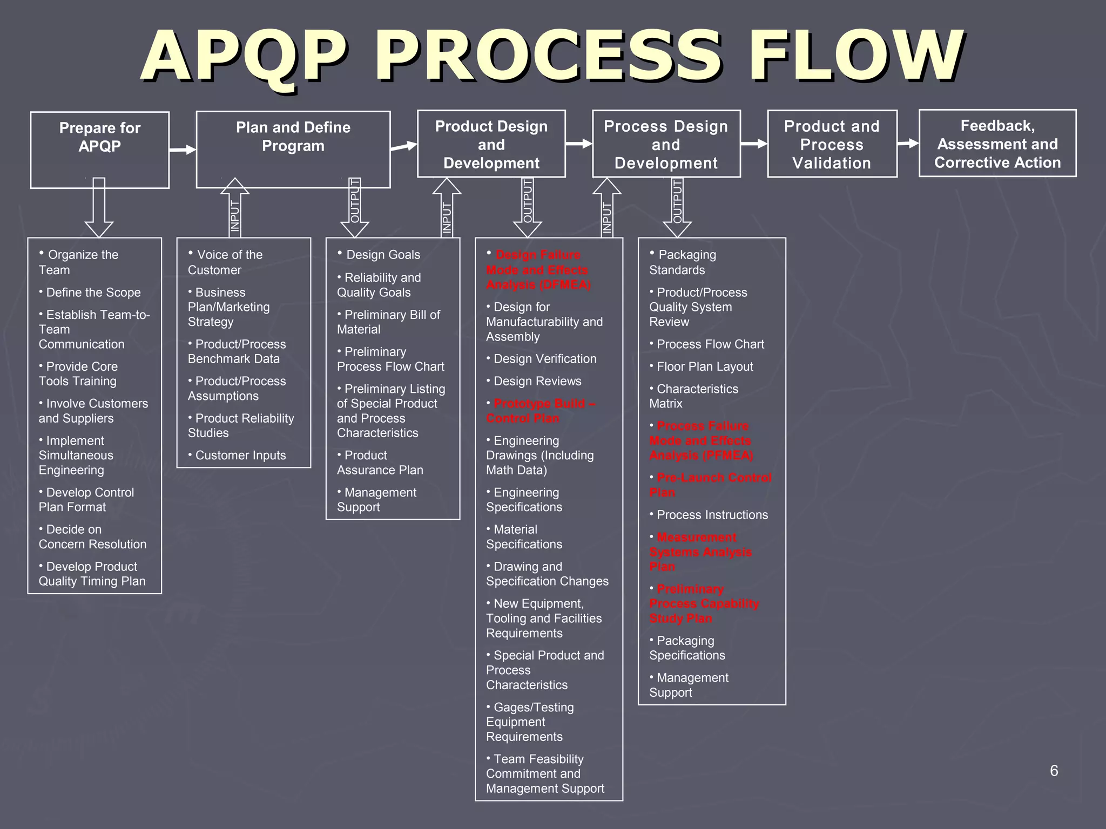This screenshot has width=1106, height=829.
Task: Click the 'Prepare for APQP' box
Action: (99, 150)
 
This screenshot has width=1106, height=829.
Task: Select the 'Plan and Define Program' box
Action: (293, 149)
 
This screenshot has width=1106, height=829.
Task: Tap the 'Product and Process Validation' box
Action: (832, 144)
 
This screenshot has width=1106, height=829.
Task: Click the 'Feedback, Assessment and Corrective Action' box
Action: (997, 143)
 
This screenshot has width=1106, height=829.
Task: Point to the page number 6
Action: (1054, 771)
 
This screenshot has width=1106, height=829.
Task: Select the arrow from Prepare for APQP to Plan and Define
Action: (183, 150)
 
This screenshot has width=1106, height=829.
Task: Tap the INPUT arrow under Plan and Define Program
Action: (235, 208)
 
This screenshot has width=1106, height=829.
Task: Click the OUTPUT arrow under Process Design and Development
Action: (677, 208)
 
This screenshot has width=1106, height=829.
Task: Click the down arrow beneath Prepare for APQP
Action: (99, 208)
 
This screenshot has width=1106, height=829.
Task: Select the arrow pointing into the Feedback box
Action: (908, 144)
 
